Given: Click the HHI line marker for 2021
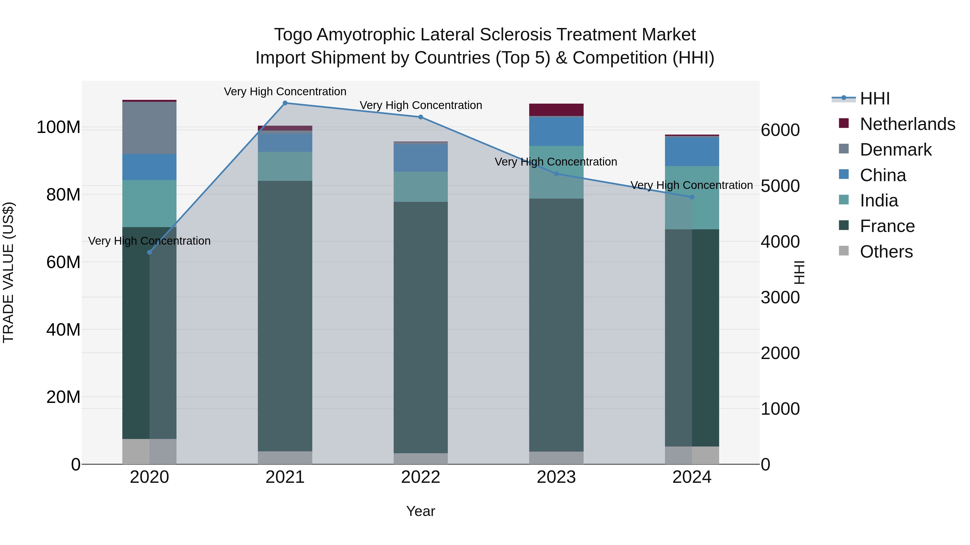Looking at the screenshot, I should pos(285,103).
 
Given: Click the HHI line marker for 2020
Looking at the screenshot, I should pos(150,252).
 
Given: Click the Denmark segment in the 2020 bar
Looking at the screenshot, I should pos(150,128).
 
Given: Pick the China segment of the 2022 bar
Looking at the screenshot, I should pos(421,158).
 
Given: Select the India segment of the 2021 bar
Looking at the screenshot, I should pos(285,166).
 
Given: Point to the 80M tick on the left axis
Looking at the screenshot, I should pos(63,195).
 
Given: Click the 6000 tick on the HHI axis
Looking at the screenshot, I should pos(780,130).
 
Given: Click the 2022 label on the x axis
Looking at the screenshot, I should pos(421,477).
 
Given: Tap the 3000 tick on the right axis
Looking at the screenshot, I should pos(780,297).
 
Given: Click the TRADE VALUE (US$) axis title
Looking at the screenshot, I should pos(9,272).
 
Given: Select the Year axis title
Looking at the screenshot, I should pos(421,511).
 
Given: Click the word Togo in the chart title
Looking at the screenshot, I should pos(293,35).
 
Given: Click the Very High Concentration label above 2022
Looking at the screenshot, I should pos(421,105).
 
